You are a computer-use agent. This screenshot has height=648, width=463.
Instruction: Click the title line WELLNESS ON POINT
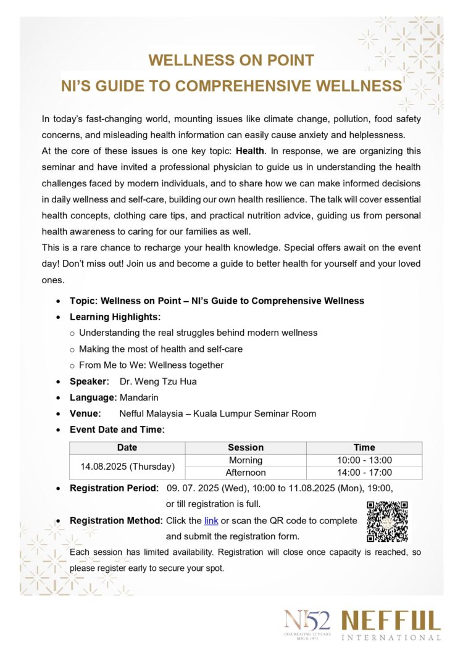[231, 60]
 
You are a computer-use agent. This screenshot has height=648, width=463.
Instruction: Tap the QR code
[387, 521]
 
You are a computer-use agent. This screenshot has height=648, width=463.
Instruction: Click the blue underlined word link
[211, 521]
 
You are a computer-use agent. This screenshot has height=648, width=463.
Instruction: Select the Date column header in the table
[127, 447]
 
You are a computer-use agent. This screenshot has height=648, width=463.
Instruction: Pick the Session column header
[246, 447]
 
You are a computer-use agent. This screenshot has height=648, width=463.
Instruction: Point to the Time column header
[364, 447]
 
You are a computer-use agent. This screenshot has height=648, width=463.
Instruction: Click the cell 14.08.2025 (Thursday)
[127, 467]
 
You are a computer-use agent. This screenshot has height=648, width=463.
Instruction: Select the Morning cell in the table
[246, 460]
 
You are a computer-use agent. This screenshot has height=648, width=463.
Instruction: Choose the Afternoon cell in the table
[246, 473]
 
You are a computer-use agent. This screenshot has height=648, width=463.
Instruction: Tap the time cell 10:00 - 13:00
[364, 460]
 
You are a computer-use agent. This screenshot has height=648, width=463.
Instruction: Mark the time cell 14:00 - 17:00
[364, 473]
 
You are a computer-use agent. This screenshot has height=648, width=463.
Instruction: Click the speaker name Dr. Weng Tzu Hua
[158, 381]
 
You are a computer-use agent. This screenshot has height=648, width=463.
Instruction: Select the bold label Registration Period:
[114, 488]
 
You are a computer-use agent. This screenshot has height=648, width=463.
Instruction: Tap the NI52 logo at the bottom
[307, 623]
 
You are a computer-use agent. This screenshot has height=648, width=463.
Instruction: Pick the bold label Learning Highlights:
[115, 317]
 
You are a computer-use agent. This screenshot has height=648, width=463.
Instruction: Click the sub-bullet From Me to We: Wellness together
[151, 365]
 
